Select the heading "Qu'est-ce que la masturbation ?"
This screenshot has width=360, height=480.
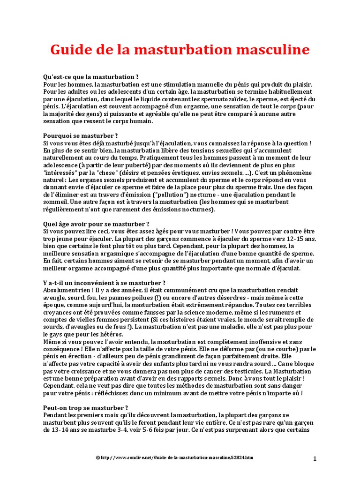91,76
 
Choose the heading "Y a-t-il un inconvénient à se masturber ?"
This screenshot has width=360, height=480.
104,283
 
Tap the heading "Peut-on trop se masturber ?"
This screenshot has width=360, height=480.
85,408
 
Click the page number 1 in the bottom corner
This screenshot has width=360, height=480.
315,458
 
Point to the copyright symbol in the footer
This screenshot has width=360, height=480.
98,457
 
